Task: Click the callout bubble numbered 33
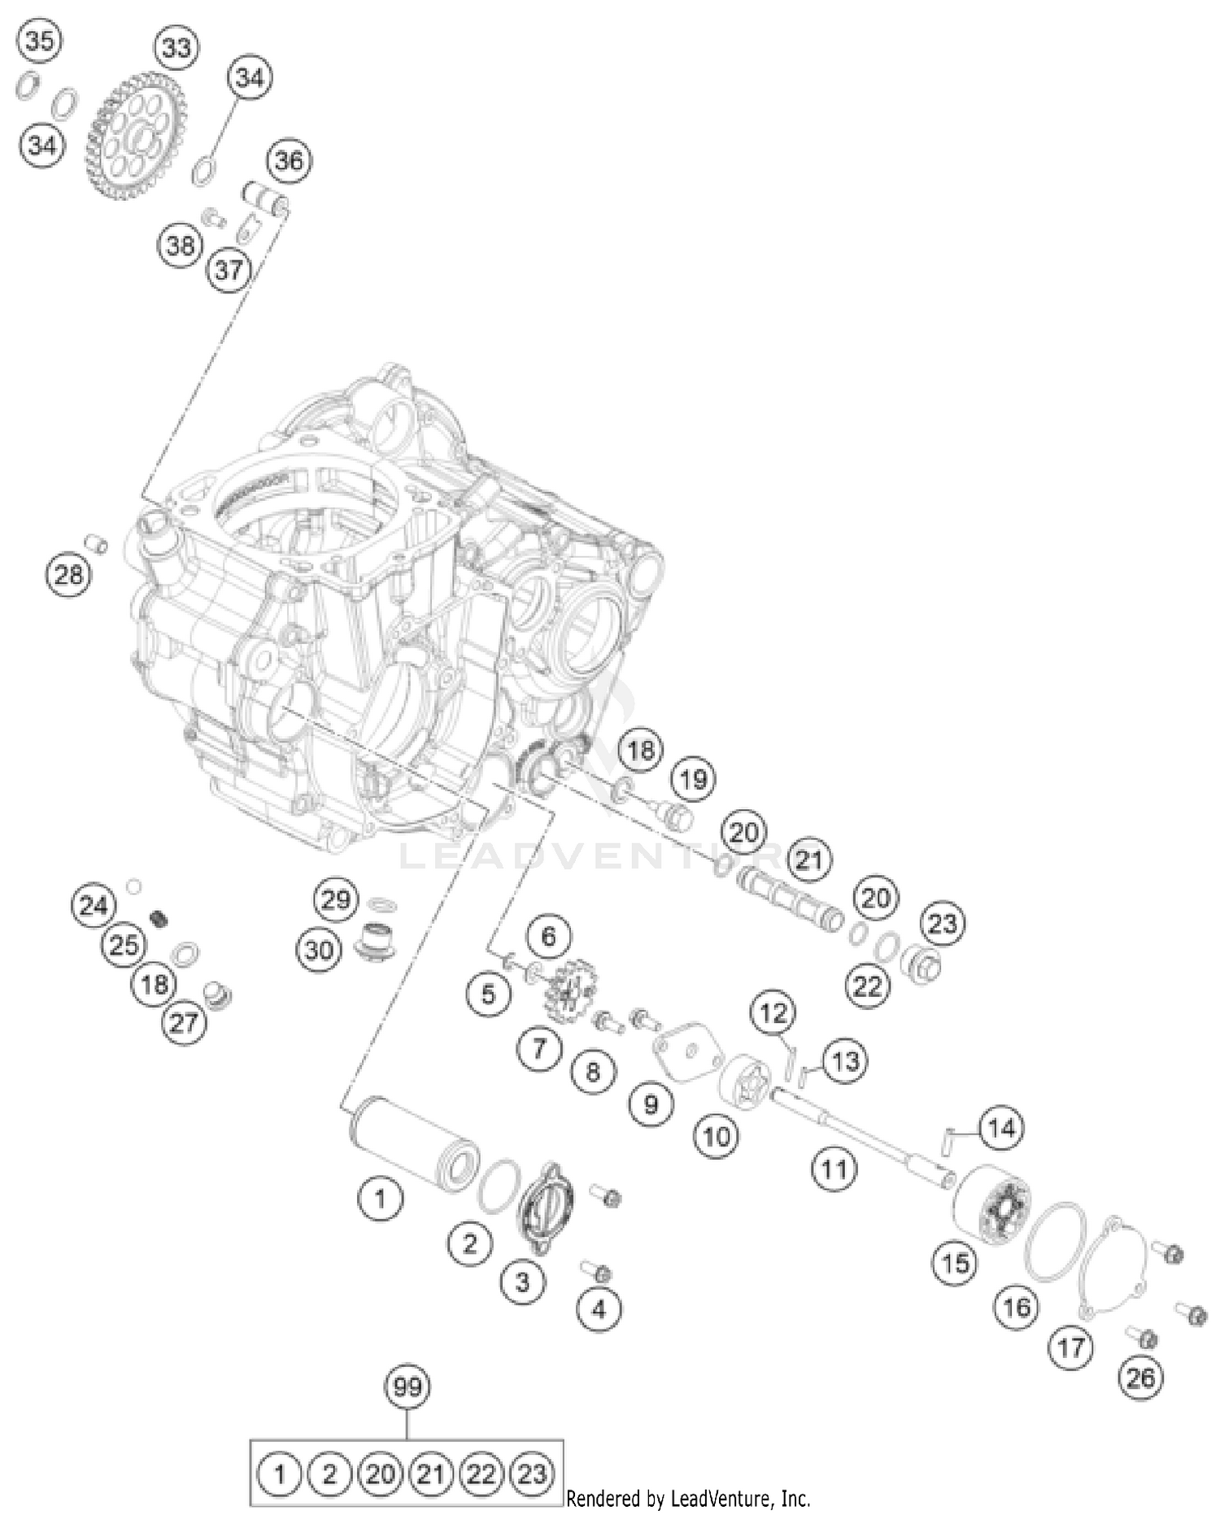point(176,48)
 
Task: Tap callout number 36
point(289,161)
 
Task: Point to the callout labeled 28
point(68,575)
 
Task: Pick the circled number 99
point(407,1386)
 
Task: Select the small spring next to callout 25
point(160,919)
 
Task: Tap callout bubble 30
point(319,949)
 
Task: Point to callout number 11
point(834,1169)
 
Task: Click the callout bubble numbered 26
point(1140,1378)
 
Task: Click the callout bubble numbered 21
point(808,860)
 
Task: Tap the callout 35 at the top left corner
point(40,41)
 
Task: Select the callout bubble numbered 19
point(693,780)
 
